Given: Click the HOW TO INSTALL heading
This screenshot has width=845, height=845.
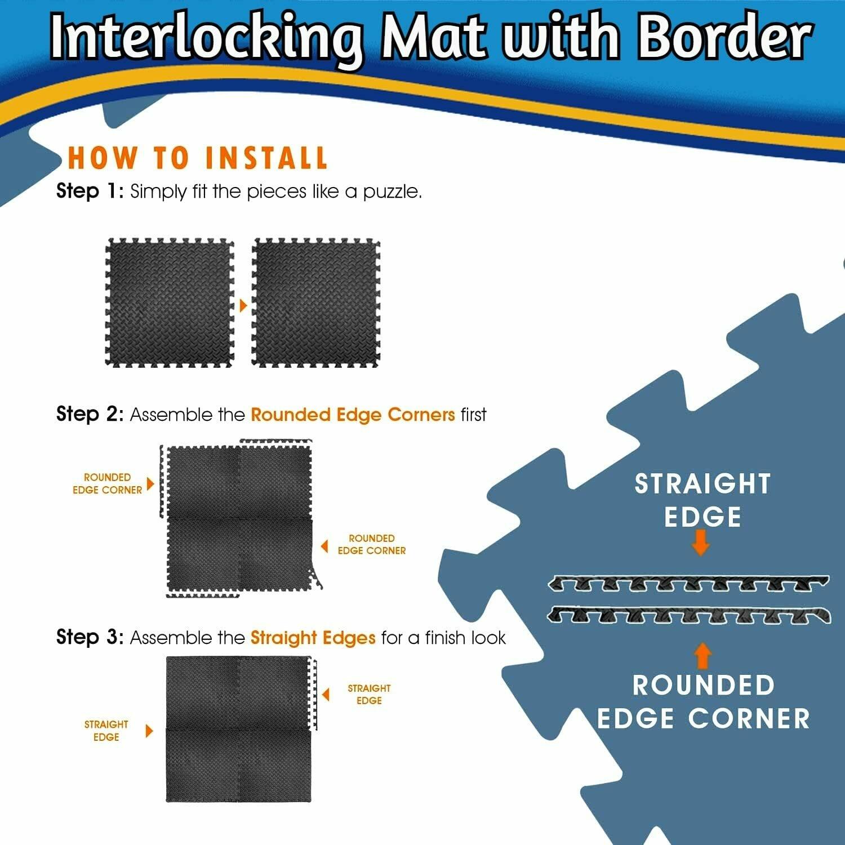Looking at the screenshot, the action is [x=197, y=158].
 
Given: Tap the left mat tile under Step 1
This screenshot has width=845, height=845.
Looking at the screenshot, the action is [x=170, y=303].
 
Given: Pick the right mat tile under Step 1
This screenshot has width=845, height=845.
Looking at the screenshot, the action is [x=316, y=303].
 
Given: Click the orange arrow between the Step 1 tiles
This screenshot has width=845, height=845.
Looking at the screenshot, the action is [x=243, y=305].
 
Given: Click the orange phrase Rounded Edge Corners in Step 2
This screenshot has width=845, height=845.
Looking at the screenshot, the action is [x=353, y=415].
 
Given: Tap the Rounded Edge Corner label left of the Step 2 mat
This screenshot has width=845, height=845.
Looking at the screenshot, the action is [x=107, y=484].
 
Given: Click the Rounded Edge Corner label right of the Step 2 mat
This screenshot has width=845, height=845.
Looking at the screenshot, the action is [x=372, y=545].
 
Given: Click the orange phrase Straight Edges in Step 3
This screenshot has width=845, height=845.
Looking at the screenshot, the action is [x=313, y=638].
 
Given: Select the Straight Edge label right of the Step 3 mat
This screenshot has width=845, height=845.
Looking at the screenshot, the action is [x=369, y=695].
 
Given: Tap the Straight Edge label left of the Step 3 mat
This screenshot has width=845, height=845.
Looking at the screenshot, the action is [x=106, y=731].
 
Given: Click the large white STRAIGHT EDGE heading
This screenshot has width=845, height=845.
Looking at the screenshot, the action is [x=702, y=500].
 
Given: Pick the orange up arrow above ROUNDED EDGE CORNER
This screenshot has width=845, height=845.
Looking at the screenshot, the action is [x=702, y=656].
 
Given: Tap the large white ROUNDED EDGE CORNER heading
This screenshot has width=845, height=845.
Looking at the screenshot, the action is [x=703, y=702].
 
